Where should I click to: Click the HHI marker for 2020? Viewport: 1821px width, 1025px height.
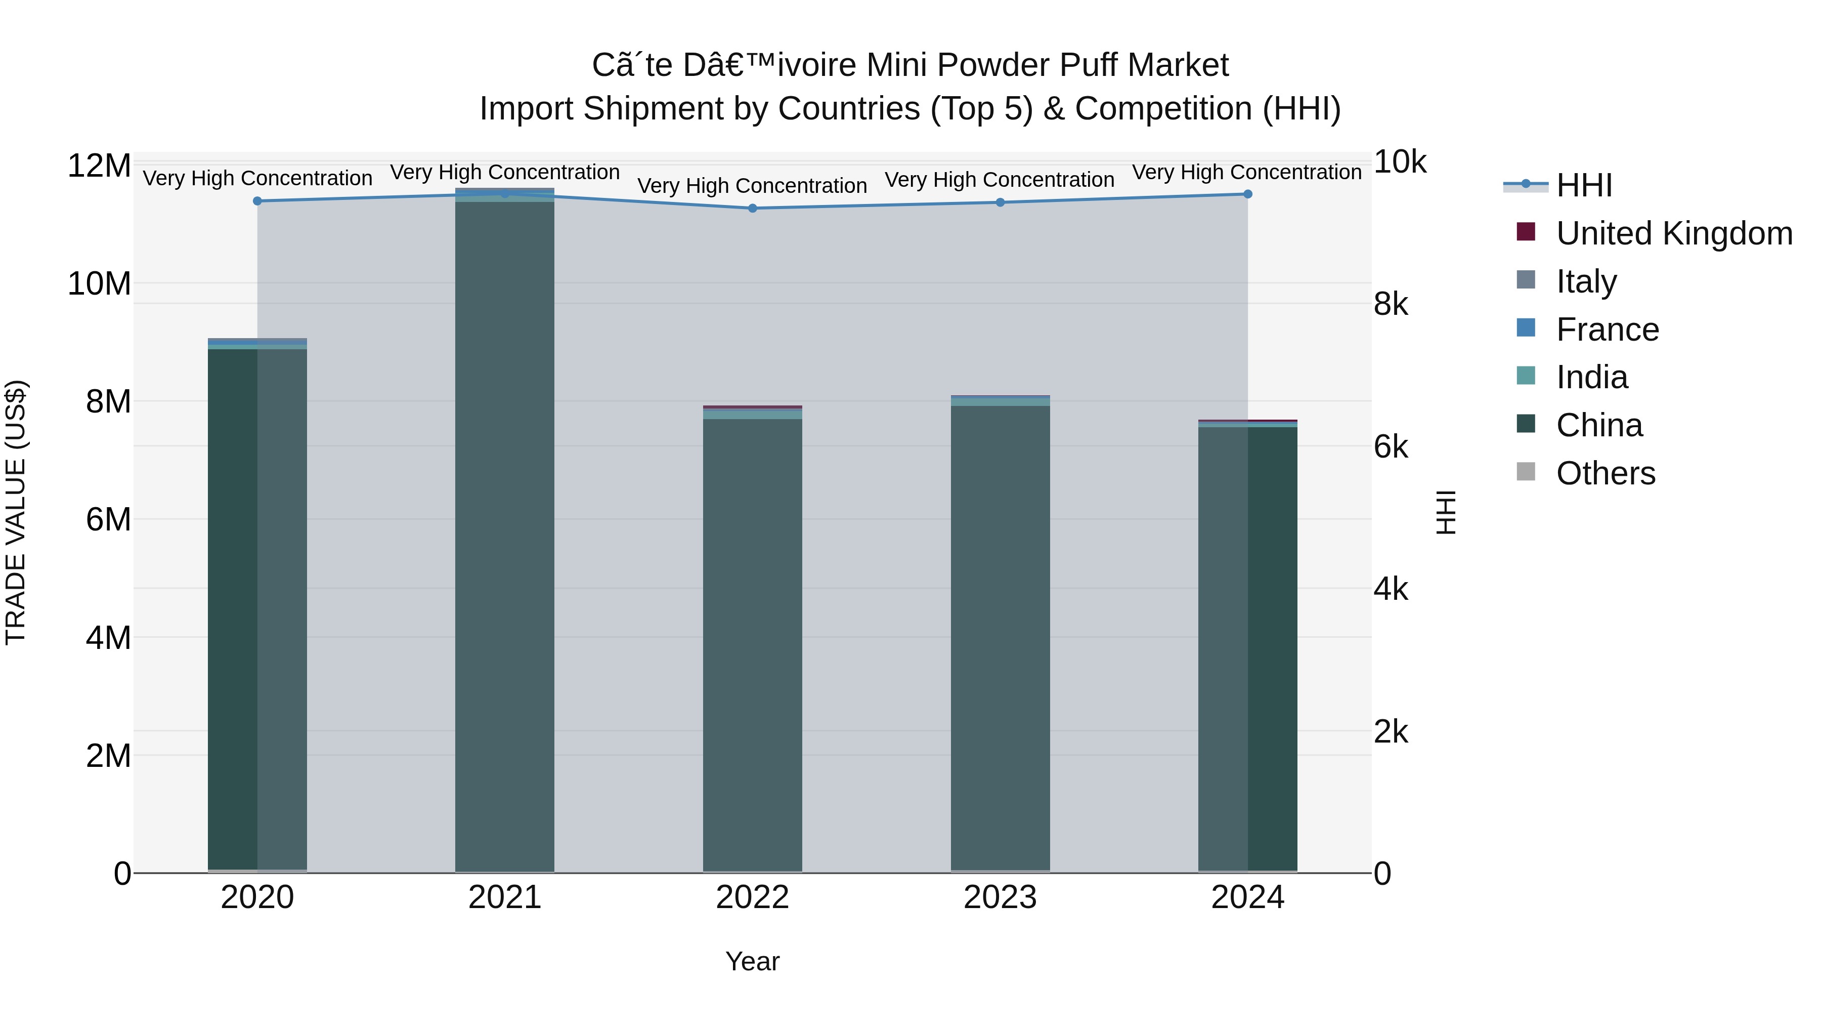coord(257,201)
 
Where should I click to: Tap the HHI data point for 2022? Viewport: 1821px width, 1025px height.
coord(752,208)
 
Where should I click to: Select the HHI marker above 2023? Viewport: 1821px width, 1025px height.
coord(1000,202)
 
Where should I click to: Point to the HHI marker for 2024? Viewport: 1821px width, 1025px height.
coord(1248,194)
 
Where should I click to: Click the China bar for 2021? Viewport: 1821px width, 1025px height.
coord(505,538)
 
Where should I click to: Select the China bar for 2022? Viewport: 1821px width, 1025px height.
coord(752,644)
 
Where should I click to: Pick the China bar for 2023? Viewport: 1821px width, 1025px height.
coord(1000,637)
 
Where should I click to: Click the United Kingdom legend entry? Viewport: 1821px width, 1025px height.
coord(1674,233)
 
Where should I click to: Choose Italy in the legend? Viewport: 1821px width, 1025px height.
coord(1586,281)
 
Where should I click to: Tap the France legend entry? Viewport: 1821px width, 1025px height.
coord(1608,330)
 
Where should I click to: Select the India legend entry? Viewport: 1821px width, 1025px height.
coord(1592,377)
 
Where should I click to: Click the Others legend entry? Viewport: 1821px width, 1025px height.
coord(1606,473)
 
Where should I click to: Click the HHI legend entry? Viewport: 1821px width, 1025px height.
coord(1584,185)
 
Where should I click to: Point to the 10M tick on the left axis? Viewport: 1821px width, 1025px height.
coord(99,283)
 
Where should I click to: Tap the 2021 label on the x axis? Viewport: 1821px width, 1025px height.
coord(505,897)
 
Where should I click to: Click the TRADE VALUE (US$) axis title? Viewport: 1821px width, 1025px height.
coord(16,512)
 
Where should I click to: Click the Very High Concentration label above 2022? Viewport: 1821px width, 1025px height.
coord(752,186)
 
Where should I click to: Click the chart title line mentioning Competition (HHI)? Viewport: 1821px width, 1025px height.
coord(910,109)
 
